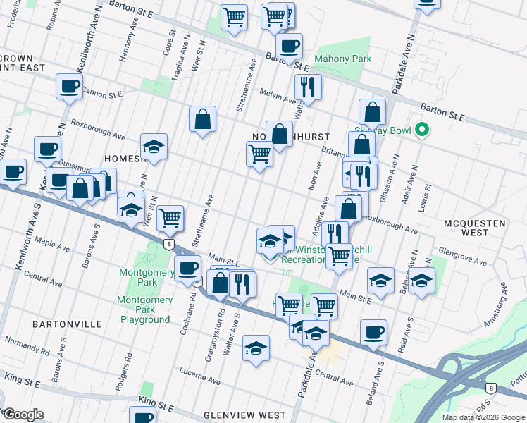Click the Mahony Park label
342,59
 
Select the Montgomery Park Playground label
145,309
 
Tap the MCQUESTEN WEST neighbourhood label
476,228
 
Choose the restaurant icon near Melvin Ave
308,87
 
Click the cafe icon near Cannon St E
70,86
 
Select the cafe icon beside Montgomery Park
188,269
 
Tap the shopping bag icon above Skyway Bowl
372,111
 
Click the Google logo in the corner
23,415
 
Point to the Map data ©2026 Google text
483,417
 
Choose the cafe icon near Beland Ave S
373,332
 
